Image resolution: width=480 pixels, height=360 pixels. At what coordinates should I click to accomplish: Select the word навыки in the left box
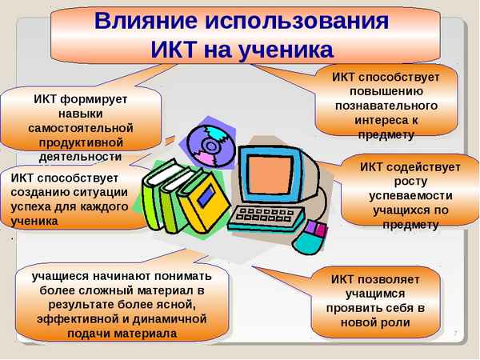tap(80, 113)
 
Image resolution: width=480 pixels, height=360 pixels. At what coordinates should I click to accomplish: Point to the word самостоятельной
tap(80, 127)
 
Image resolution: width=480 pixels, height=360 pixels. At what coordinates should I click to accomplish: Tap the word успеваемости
tap(410, 196)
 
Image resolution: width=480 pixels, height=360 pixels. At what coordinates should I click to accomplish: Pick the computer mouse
tap(311, 235)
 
